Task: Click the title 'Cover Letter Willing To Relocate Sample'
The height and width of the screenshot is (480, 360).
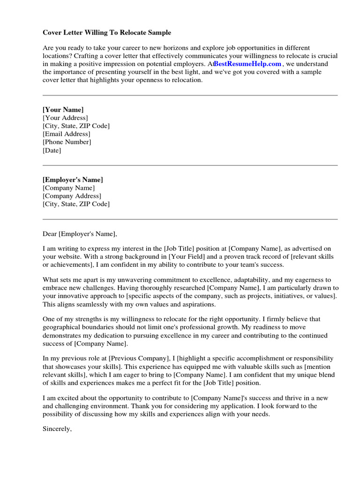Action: click(x=107, y=32)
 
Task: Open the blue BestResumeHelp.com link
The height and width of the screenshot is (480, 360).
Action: click(x=248, y=64)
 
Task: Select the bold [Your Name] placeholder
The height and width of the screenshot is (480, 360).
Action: click(x=63, y=110)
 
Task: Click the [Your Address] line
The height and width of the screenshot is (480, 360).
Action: click(x=65, y=118)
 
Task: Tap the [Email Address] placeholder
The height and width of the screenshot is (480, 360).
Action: click(x=67, y=134)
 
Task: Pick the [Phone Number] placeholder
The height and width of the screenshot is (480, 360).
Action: click(x=67, y=142)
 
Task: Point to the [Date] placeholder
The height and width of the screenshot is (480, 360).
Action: click(x=52, y=150)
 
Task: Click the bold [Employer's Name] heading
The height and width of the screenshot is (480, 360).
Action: click(x=73, y=180)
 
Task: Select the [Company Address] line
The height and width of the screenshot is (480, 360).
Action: click(x=72, y=196)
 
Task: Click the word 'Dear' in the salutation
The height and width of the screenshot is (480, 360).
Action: click(x=49, y=233)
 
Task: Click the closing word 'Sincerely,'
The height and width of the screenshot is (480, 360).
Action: click(x=57, y=428)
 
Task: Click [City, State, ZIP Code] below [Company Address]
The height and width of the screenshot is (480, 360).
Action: click(x=76, y=204)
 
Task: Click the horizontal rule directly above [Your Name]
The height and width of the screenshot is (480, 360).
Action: click(x=190, y=96)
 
